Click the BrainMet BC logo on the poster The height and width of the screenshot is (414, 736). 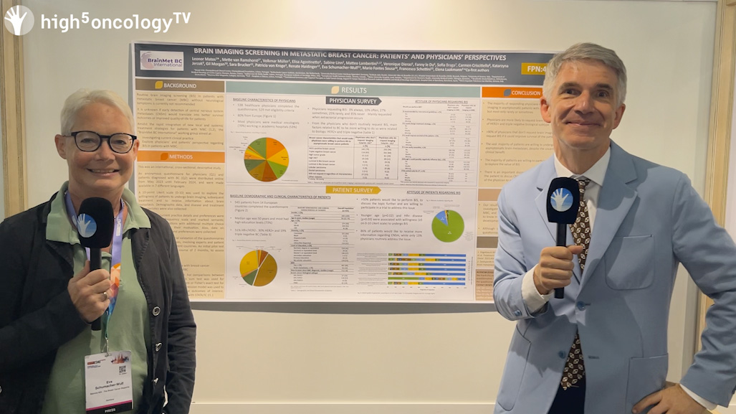(162, 60)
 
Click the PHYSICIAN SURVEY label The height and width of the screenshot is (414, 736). (353, 101)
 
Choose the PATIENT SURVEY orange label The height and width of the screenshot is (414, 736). (353, 190)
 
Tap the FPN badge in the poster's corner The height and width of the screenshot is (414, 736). (533, 69)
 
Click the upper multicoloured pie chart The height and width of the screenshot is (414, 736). (266, 159)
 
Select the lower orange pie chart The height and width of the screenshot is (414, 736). (258, 268)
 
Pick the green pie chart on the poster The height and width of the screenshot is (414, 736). (448, 225)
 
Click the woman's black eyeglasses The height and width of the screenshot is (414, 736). (101, 141)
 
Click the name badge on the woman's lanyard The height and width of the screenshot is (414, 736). (108, 380)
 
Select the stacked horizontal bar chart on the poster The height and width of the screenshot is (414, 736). (426, 269)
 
